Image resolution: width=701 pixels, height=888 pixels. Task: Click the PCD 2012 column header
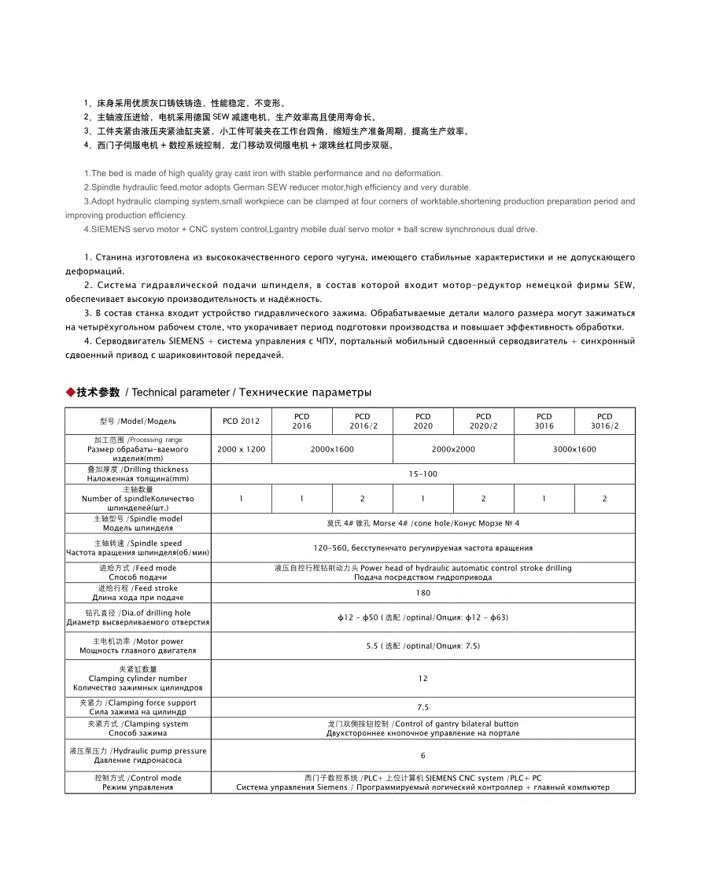click(x=241, y=422)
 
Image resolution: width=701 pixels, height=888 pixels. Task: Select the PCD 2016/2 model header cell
click(x=362, y=422)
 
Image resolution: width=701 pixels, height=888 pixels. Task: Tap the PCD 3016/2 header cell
click(x=604, y=422)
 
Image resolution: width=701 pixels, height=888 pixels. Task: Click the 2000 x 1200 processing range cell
click(x=241, y=449)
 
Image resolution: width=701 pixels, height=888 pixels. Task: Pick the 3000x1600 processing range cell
click(x=574, y=449)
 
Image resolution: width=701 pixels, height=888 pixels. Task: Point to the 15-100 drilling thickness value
click(x=423, y=474)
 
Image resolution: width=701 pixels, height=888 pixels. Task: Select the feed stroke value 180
click(x=423, y=593)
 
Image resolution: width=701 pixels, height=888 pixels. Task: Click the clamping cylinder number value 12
click(x=423, y=678)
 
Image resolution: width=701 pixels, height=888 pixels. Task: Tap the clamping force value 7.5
click(x=423, y=707)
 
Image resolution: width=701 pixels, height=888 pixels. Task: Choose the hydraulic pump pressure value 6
click(x=423, y=755)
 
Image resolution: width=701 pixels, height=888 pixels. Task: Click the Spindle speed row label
click(x=138, y=548)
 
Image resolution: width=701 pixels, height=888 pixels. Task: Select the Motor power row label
click(x=138, y=646)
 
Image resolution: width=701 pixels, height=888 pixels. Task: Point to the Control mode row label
click(x=138, y=783)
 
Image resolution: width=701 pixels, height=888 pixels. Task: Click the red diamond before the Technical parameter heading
click(x=70, y=392)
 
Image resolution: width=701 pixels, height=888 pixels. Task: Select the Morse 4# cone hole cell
click(x=423, y=523)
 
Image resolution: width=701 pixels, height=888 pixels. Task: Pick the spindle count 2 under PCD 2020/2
click(x=483, y=499)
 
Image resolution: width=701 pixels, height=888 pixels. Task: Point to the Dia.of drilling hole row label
click(x=138, y=617)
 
